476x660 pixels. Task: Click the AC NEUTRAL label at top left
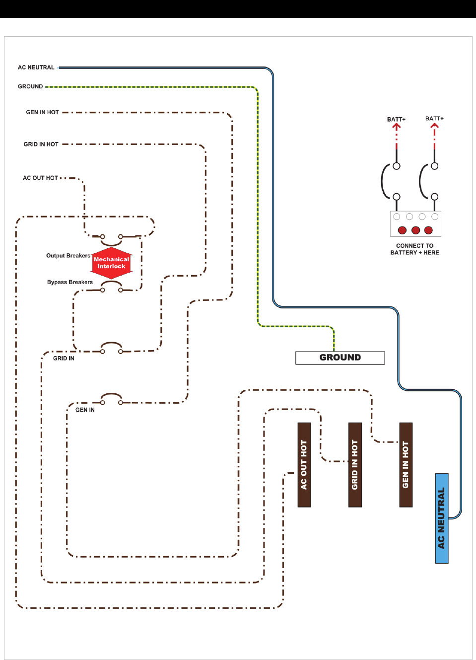click(x=36, y=68)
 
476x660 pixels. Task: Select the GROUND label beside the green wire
click(x=30, y=86)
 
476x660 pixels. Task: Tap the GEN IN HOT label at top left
click(x=42, y=112)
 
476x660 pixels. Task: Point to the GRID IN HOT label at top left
click(x=41, y=144)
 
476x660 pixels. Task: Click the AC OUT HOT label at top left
click(x=40, y=178)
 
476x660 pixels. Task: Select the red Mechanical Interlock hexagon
click(x=112, y=263)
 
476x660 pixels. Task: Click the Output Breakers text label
click(x=68, y=256)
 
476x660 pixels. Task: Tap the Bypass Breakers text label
click(x=70, y=282)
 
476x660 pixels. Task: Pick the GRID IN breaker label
click(x=64, y=358)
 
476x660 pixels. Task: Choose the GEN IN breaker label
click(x=85, y=410)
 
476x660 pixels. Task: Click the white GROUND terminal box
click(x=340, y=358)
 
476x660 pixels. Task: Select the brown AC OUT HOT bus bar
click(x=304, y=464)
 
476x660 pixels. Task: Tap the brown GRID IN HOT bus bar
click(x=355, y=464)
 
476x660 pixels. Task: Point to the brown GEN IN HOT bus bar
click(x=406, y=464)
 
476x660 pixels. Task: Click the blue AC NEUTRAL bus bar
click(x=442, y=518)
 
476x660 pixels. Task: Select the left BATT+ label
click(x=396, y=119)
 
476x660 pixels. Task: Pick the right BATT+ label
click(x=434, y=118)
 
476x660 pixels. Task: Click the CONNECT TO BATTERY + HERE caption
click(x=414, y=249)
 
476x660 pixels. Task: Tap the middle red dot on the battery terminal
click(x=415, y=230)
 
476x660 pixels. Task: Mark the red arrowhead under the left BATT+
click(x=396, y=127)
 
